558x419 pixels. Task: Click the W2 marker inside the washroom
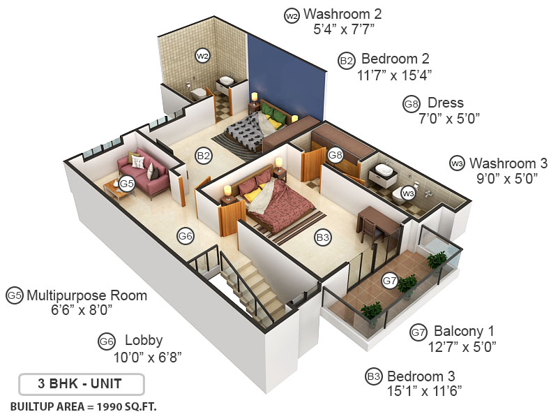tap(202, 55)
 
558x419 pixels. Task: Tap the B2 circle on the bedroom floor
tap(203, 156)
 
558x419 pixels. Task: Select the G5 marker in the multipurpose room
tap(126, 184)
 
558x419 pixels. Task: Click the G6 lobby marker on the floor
tap(185, 236)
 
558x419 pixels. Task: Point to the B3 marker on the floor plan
tap(322, 238)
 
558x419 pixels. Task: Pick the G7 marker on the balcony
tap(390, 281)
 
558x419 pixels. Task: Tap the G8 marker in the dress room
tap(335, 154)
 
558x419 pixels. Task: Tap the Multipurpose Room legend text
tap(86, 295)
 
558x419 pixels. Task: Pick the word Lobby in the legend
tap(144, 341)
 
